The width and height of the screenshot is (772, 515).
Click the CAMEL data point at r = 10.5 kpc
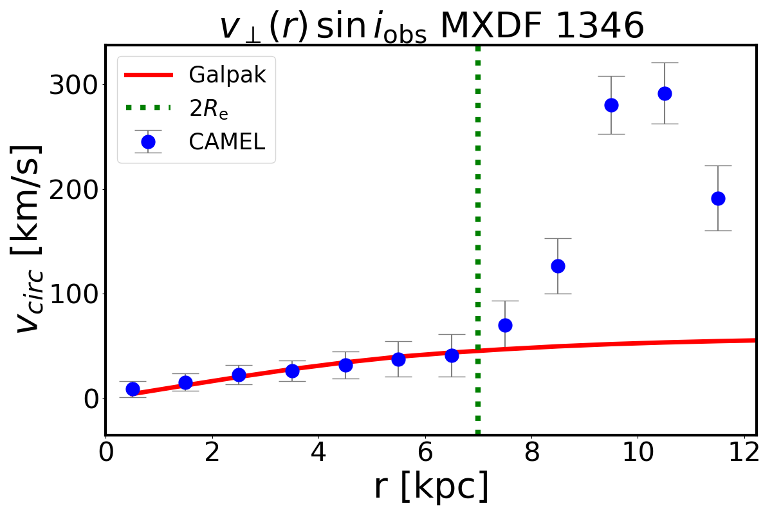click(665, 93)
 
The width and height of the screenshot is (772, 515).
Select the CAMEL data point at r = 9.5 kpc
click(611, 105)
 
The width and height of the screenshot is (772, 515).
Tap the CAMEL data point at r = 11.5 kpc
click(718, 198)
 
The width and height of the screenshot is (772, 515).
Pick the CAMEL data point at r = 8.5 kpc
click(558, 266)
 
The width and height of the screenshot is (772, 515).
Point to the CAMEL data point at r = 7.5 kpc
click(505, 325)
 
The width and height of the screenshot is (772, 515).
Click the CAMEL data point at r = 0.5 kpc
click(133, 389)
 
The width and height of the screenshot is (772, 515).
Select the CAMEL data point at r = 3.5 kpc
click(292, 371)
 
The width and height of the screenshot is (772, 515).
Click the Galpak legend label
click(226, 75)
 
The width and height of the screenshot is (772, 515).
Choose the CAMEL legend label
click(226, 142)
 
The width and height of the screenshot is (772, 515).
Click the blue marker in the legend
click(148, 142)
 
